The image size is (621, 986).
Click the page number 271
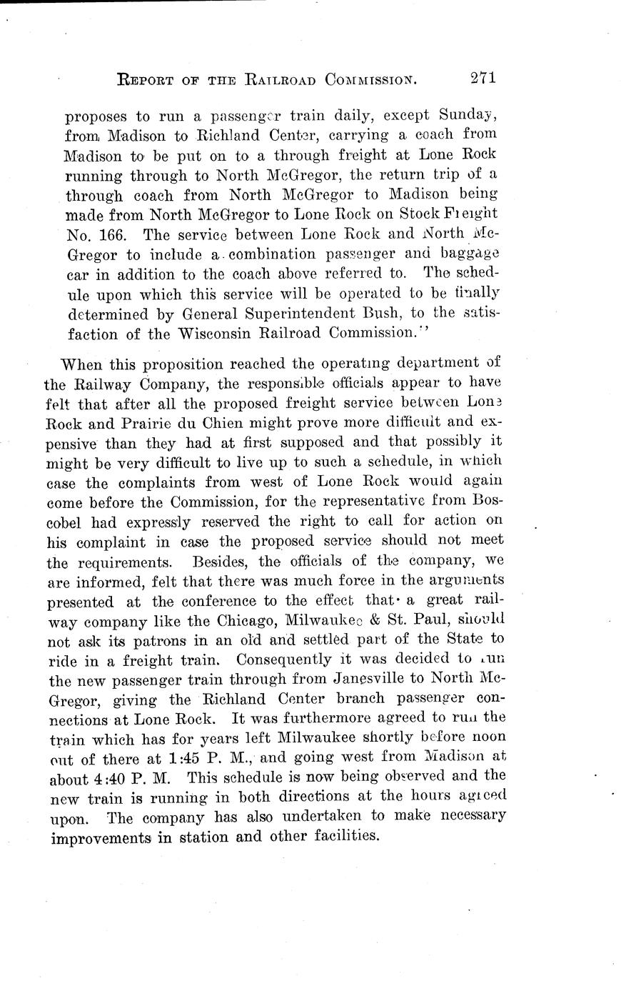pyautogui.click(x=483, y=78)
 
